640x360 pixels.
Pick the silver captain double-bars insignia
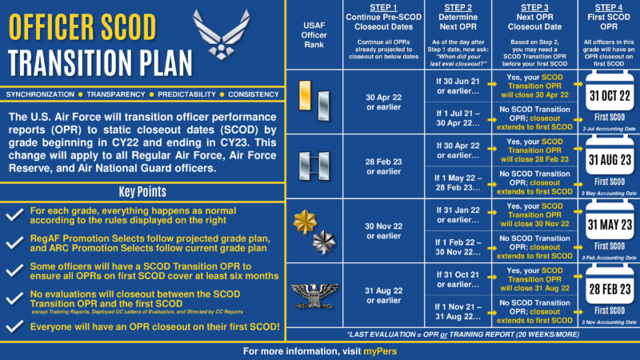(314, 166)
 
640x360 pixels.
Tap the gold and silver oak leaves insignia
(314, 230)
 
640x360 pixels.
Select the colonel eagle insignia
(314, 294)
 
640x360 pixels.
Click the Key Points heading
(143, 192)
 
